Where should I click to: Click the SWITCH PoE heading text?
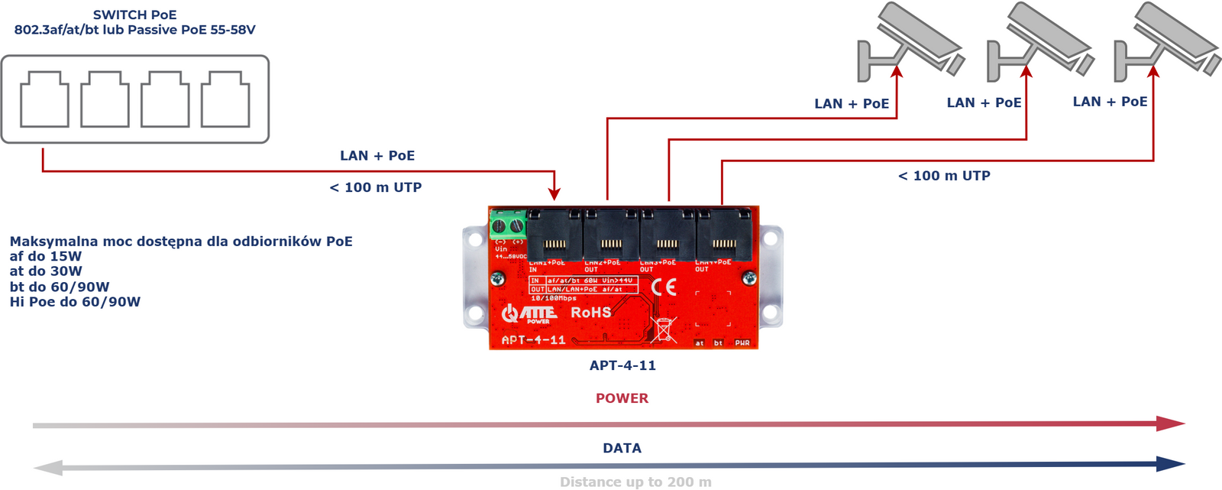(134, 15)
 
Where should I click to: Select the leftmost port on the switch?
(44, 99)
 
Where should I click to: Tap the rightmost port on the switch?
(225, 99)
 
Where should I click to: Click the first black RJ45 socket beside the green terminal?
(554, 235)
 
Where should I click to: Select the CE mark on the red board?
(664, 287)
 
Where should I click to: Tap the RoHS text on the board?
(591, 313)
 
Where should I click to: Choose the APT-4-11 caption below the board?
(622, 365)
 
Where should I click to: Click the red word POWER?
(622, 398)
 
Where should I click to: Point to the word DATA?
(622, 448)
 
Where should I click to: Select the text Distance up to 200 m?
(635, 482)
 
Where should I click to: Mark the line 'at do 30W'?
(46, 271)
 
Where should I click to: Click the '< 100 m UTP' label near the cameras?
(944, 176)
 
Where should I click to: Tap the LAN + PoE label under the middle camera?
(984, 103)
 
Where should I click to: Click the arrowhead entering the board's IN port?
(554, 196)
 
